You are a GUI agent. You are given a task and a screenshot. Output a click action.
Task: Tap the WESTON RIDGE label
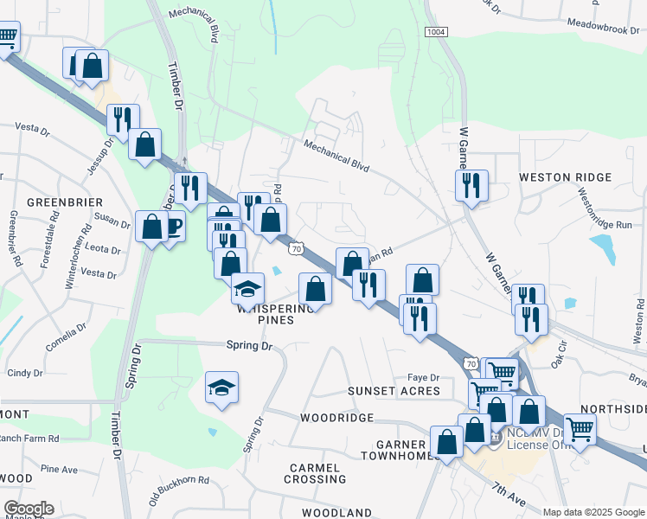pos(565,177)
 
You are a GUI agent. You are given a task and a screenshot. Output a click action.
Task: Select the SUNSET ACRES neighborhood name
pos(394,391)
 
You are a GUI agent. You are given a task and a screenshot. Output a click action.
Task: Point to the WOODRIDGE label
pos(336,418)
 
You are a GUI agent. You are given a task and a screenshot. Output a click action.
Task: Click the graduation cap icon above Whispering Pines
pos(247,287)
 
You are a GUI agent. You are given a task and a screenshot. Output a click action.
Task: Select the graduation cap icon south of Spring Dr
pos(221,388)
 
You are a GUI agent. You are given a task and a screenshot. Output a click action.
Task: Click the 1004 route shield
pos(436,31)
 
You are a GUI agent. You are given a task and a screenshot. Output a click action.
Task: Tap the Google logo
pos(29,509)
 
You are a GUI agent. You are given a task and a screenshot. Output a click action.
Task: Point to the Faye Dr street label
pos(424,378)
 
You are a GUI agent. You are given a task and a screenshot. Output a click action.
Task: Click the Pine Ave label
pos(59,469)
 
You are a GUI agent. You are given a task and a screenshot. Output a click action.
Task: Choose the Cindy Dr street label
pos(24,374)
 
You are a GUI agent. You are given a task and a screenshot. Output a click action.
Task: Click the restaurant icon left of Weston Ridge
pos(471,186)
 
